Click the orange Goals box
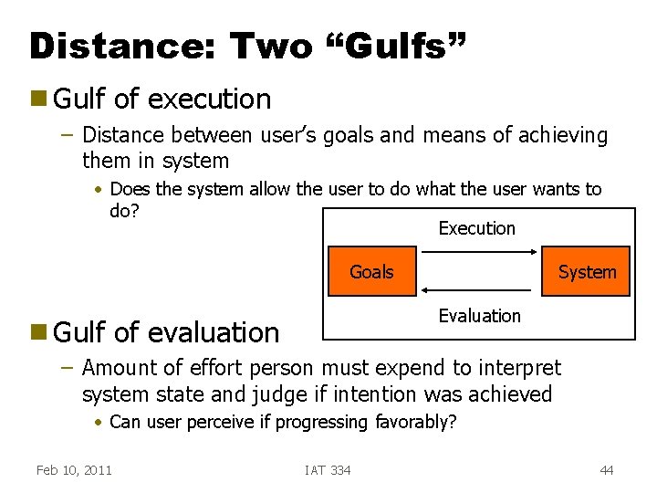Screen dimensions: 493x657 click(372, 271)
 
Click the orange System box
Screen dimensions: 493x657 click(586, 271)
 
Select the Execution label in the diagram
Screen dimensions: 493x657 click(476, 228)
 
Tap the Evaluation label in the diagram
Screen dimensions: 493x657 click(479, 316)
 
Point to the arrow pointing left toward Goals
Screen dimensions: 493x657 click(480, 288)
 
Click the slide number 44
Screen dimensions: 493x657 click(606, 470)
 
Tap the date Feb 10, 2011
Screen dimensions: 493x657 click(74, 470)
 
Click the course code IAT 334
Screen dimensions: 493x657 click(328, 470)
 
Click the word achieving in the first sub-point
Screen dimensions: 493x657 click(564, 136)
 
